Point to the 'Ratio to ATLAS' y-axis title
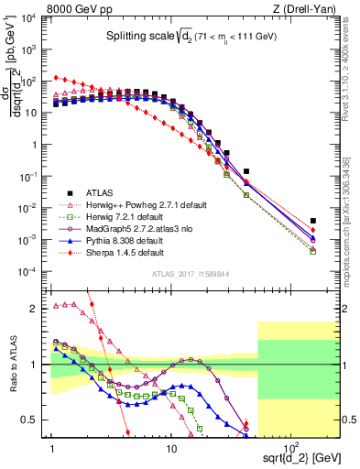pyautogui.click(x=12, y=365)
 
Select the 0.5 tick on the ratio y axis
pyautogui.click(x=36, y=420)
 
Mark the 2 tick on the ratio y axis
pyautogui.click(x=38, y=308)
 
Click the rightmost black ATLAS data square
pyautogui.click(x=313, y=221)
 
